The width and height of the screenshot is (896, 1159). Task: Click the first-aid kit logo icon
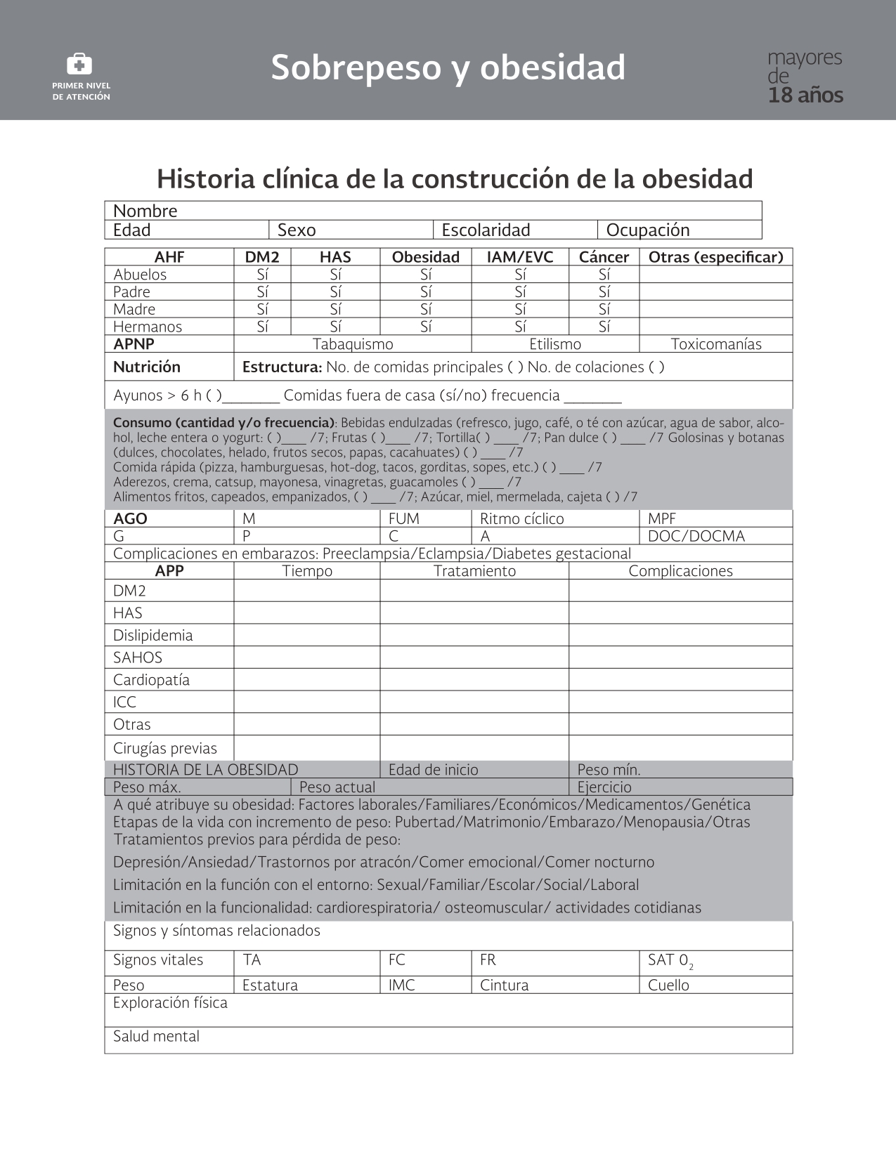[x=79, y=65]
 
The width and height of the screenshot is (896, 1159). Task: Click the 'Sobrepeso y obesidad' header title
[x=448, y=67]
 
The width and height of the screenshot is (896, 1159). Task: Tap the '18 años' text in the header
[x=805, y=96]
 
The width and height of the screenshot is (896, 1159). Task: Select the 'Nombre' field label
[x=145, y=211]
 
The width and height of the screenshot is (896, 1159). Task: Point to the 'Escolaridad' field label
[x=486, y=230]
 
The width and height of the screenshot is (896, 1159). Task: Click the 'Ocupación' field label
[x=648, y=230]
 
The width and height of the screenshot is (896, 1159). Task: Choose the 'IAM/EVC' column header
[x=520, y=257]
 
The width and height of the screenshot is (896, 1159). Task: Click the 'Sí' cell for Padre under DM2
[x=262, y=292]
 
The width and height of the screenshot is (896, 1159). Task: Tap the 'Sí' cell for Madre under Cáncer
[x=604, y=309]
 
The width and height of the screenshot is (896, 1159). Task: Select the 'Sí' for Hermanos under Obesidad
[x=426, y=327]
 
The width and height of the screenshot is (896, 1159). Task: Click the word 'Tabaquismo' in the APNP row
[x=353, y=344]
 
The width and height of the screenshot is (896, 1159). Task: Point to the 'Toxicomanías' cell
[x=716, y=344]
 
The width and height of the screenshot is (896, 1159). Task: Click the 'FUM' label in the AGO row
[x=404, y=518]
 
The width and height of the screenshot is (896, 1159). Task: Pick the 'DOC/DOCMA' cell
[x=696, y=536]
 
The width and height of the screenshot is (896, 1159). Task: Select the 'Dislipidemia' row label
[x=152, y=635]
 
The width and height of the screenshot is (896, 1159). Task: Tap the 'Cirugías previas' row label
[x=165, y=748]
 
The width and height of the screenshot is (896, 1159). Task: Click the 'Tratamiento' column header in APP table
[x=474, y=571]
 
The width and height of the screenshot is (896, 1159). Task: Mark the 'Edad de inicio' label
[x=433, y=770]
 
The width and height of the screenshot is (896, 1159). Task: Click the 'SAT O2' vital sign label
[x=670, y=961]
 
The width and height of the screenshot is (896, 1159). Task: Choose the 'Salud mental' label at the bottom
[x=156, y=1036]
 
